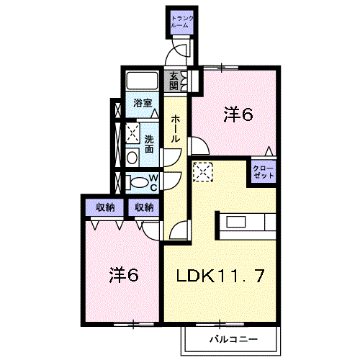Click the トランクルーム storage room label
pos(182,22)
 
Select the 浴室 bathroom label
pos(143,103)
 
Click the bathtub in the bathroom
pos(142,81)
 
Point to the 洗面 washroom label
pos(149,144)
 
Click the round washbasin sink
pos(132,158)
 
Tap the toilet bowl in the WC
pos(139,182)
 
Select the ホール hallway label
pos(176,129)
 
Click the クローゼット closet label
pos(264,171)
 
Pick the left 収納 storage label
pos(105,207)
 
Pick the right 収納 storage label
pos(144,207)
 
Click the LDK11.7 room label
pos(220,276)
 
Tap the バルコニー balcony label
pos(233,339)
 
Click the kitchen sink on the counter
pos(236,222)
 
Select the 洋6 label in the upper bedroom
pos(238,114)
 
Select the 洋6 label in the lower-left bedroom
pos(124,275)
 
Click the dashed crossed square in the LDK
pos(203,172)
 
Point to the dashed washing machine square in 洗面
pos(132,132)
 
